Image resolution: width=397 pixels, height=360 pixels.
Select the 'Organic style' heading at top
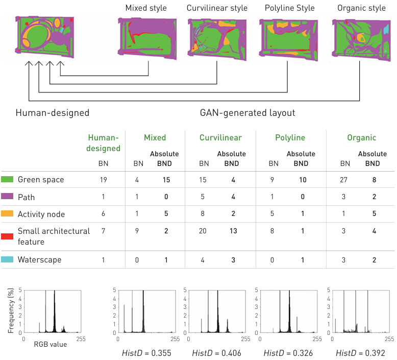point(361,8)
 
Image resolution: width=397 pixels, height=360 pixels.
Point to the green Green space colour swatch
point(7,180)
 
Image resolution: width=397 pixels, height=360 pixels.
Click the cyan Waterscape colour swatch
point(7,260)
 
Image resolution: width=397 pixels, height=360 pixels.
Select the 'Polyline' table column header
point(290,138)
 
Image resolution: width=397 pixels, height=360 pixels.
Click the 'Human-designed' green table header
point(104,143)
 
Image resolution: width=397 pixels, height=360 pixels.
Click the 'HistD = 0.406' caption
point(217,353)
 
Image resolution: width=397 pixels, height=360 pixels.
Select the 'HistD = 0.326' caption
point(288,353)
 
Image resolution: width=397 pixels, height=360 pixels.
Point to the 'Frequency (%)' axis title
point(11,311)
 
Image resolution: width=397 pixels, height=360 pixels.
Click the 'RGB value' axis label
point(51,345)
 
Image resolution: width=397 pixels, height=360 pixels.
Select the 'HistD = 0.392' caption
point(360,353)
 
